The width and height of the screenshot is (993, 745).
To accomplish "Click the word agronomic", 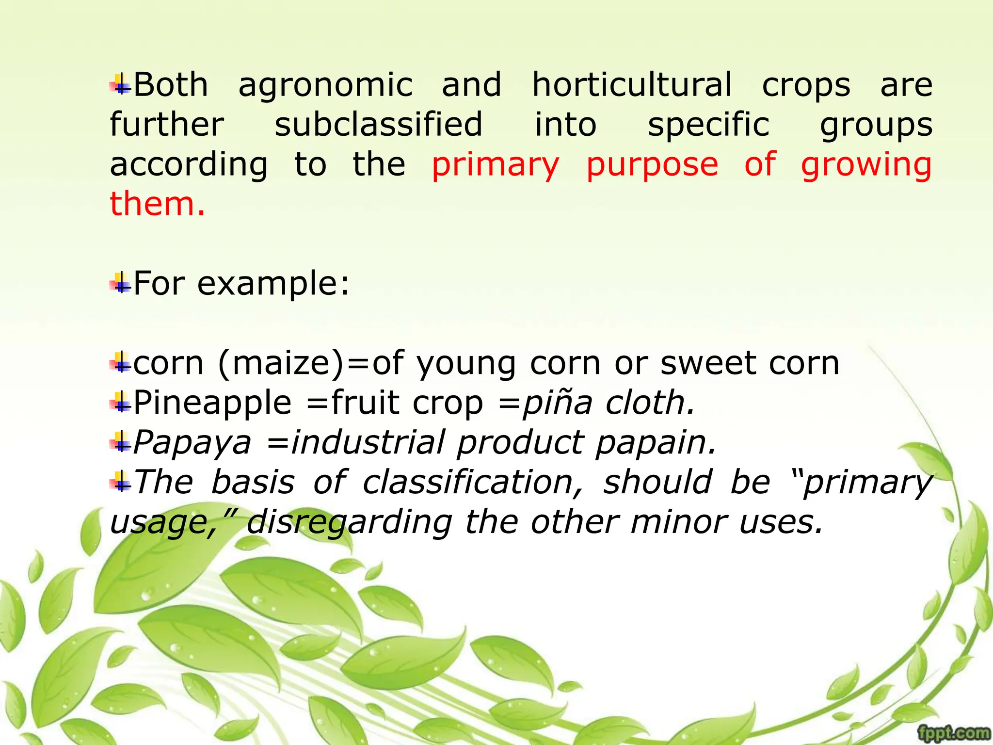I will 325,85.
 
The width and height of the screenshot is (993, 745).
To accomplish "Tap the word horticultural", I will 632,85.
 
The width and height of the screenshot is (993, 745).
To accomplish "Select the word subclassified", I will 378,125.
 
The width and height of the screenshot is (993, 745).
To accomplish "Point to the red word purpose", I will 652,165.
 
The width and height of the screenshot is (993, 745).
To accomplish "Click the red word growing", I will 866,165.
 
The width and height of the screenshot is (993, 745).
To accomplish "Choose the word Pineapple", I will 212,403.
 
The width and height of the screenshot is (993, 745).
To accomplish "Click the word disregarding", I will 350,522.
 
